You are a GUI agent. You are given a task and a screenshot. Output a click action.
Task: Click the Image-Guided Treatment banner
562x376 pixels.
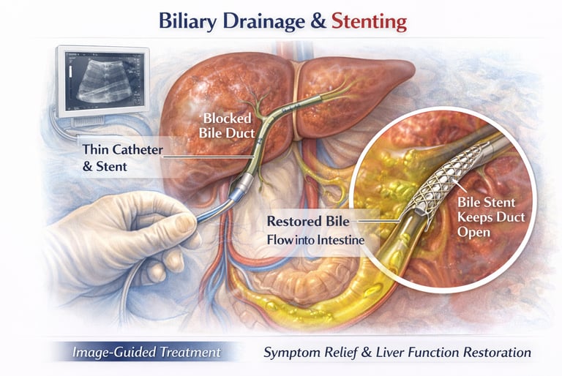point(146,353)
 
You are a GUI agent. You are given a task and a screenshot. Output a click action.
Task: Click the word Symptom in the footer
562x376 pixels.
point(291,353)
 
